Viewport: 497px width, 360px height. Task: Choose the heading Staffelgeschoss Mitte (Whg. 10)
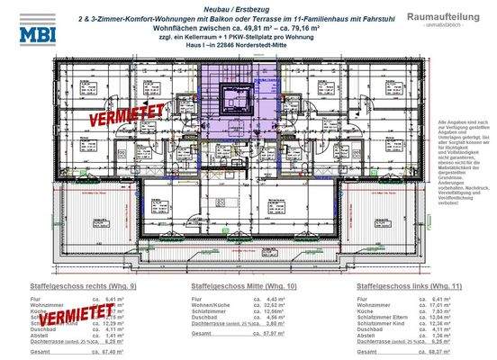(x=237, y=285)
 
